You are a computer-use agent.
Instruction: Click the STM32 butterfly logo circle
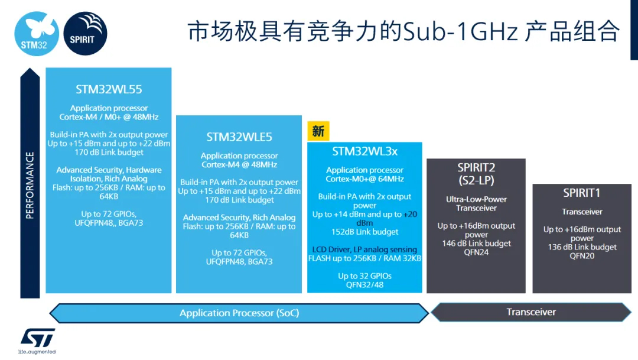[x=37, y=34]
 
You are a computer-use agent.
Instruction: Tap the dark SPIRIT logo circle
[x=86, y=33]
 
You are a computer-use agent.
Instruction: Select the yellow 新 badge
[x=318, y=131]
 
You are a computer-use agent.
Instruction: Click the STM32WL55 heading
[x=109, y=90]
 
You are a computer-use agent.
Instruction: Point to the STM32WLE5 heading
[x=239, y=137]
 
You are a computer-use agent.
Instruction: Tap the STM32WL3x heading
[x=364, y=151]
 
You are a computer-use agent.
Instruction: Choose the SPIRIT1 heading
[x=581, y=193]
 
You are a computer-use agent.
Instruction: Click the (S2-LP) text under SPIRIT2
[x=476, y=180]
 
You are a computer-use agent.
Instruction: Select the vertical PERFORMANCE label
[x=30, y=185]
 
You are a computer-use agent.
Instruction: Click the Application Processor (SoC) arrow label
[x=239, y=313]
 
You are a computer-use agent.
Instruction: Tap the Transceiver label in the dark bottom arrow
[x=531, y=312]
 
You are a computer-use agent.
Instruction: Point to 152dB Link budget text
[x=364, y=232]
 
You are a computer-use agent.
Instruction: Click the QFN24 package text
[x=476, y=252]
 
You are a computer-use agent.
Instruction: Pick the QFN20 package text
[x=582, y=256]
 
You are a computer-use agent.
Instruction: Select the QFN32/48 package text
[x=364, y=285]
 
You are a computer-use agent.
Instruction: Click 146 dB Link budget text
[x=476, y=243]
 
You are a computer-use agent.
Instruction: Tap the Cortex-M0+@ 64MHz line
[x=364, y=179]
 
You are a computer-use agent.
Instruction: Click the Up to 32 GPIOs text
[x=364, y=275]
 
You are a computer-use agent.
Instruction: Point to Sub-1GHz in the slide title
[x=461, y=32]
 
